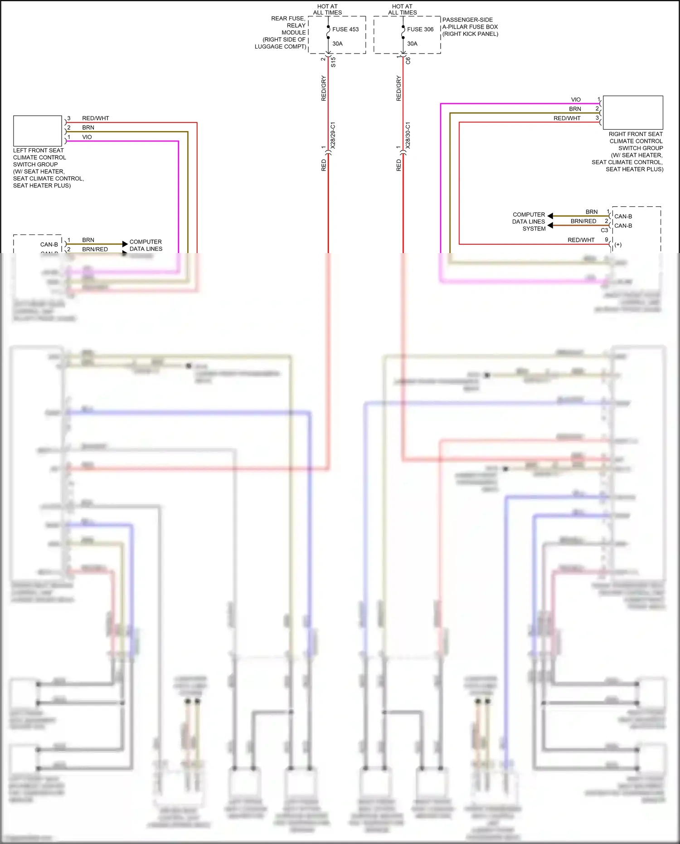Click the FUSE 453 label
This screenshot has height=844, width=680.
(345, 29)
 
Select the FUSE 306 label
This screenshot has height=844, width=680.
(420, 29)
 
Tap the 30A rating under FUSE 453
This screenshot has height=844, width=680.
(337, 44)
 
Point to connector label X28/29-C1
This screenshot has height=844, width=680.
(333, 135)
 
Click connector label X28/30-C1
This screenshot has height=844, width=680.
(408, 135)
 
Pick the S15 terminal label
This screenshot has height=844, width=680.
(333, 62)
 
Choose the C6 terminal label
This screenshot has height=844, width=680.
(408, 60)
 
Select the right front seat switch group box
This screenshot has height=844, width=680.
(633, 112)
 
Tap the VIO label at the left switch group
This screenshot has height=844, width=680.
(87, 137)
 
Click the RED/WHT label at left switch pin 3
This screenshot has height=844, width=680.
(96, 118)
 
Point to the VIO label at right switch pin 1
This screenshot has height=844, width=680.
(576, 100)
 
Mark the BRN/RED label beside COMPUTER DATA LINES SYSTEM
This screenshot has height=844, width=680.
(583, 221)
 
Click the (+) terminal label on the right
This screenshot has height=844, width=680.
(618, 245)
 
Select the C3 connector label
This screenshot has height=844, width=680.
(604, 230)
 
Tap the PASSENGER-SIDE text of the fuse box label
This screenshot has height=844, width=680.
(467, 20)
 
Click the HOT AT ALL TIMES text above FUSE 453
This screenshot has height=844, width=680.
(327, 10)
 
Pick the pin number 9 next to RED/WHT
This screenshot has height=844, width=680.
(607, 240)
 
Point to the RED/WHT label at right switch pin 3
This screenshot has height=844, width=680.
(567, 118)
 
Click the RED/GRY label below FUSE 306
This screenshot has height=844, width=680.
(399, 88)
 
